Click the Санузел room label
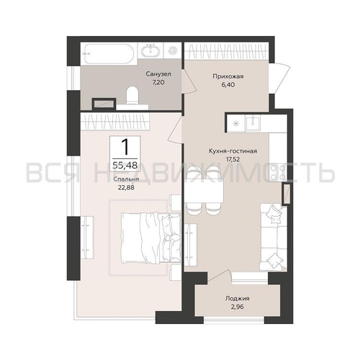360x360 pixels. coord(158,74)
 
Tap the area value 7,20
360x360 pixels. coord(158,83)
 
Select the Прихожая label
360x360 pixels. coord(228,76)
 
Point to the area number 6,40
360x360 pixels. coord(228,85)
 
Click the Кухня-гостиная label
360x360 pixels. coord(233,151)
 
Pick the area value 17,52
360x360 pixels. coord(233,158)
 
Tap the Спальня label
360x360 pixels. coord(126,179)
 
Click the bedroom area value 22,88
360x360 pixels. coord(126,187)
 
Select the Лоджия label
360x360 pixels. coord(237,299)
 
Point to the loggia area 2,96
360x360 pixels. coord(237,307)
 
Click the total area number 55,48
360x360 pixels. coord(125,165)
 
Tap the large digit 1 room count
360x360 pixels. coord(125,147)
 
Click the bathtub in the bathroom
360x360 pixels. coord(109,54)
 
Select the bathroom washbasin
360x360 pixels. coord(150,50)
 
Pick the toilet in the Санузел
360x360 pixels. coord(132,96)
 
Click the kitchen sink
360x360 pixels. coord(253,123)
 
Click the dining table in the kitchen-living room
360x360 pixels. coord(204,191)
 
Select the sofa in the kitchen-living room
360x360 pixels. coord(274,237)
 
